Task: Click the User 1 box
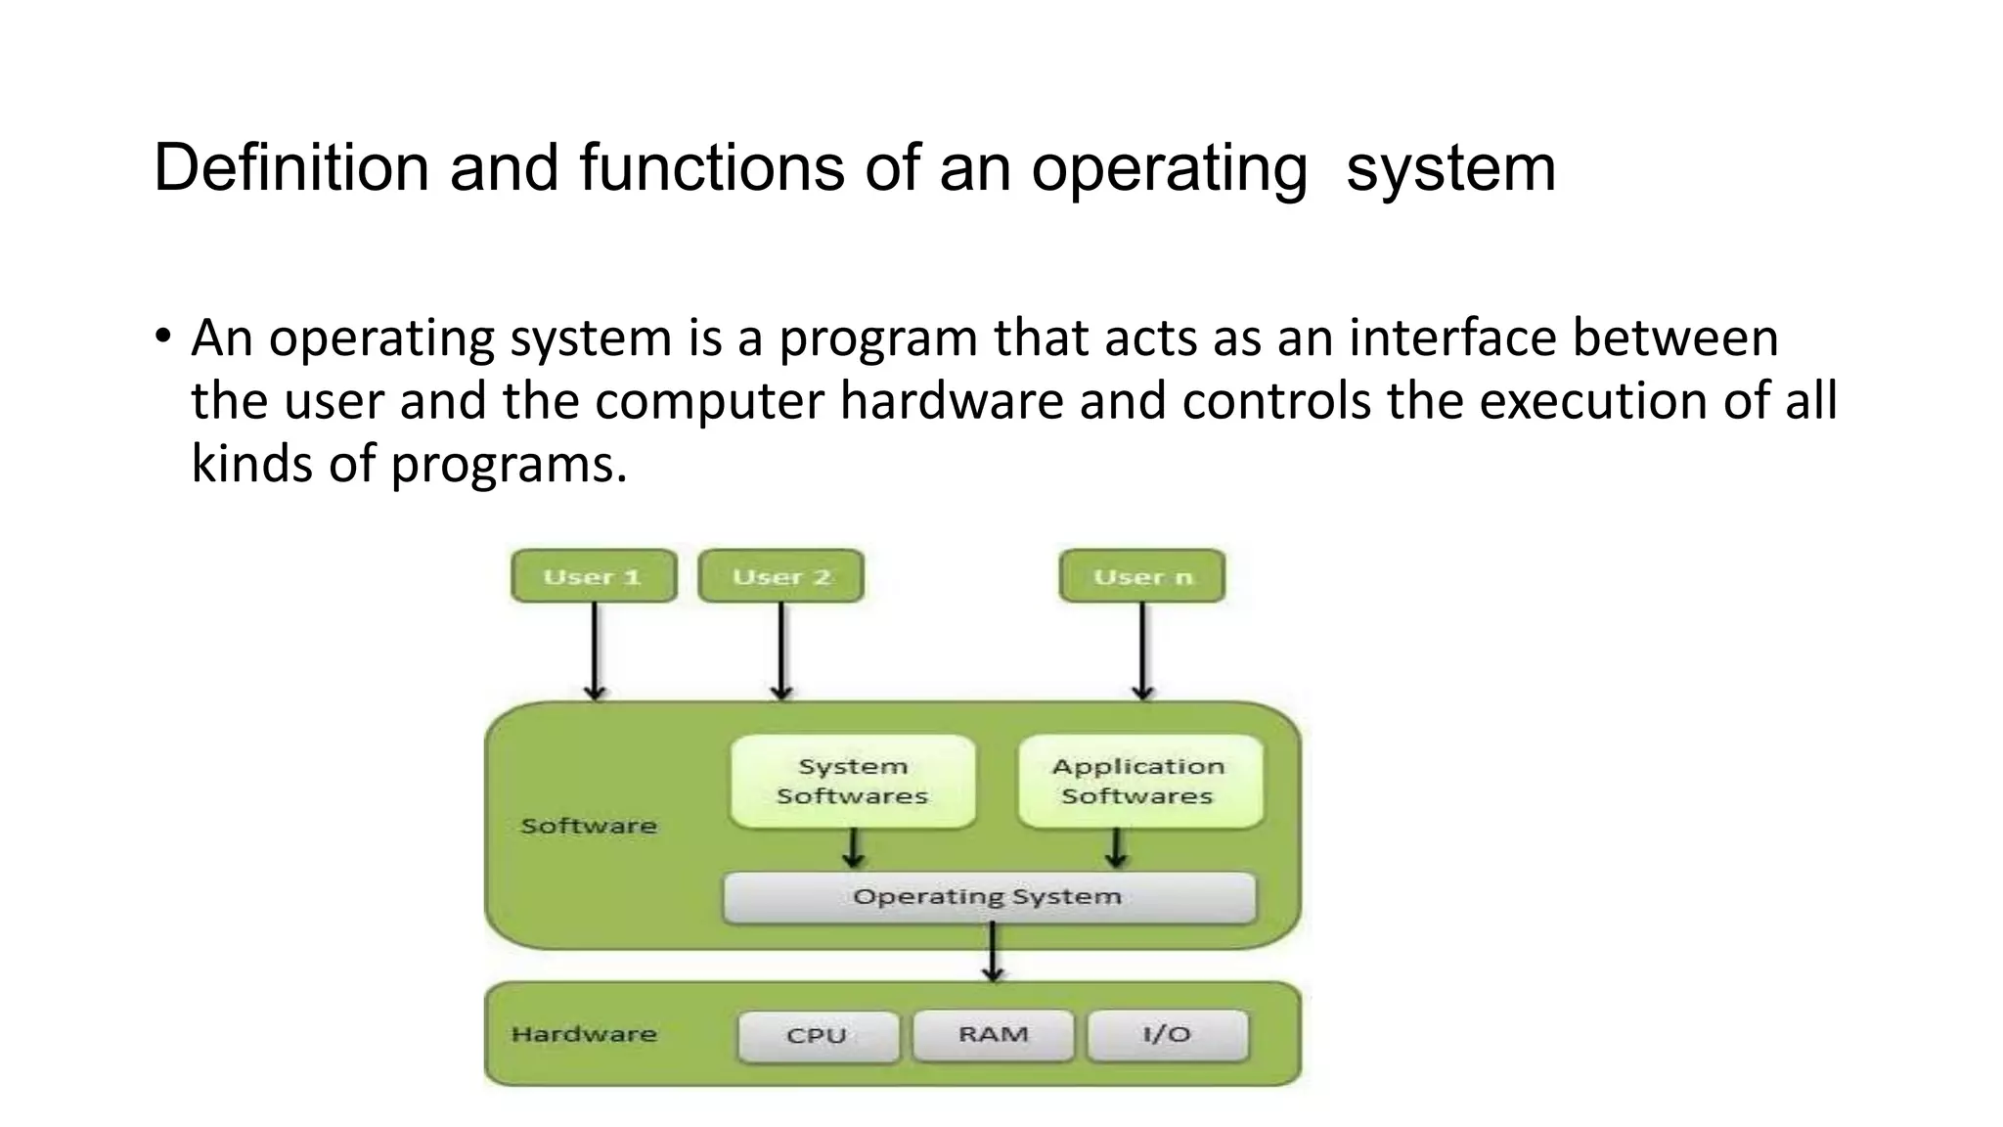[594, 576]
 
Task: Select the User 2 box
[780, 576]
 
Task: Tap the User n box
[1142, 576]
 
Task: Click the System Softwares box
[852, 781]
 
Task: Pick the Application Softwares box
[1139, 781]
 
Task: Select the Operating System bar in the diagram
[988, 897]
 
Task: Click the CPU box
[818, 1035]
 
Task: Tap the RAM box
[993, 1035]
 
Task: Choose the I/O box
[1167, 1035]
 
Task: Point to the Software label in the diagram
[589, 826]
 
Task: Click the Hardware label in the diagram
[584, 1034]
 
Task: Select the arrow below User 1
[595, 651]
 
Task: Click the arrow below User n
[1142, 651]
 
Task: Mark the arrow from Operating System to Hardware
[993, 952]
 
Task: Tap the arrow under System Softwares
[853, 848]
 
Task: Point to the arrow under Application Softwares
[1116, 848]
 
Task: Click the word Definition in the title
[291, 168]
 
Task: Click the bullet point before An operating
[162, 338]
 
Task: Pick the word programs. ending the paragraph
[509, 464]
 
